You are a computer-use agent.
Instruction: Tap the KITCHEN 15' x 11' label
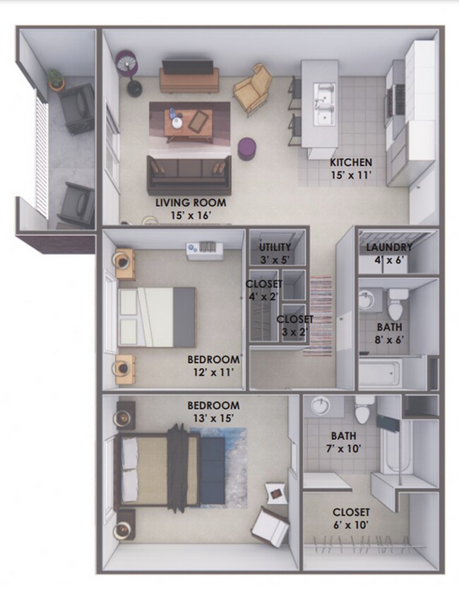click(x=351, y=168)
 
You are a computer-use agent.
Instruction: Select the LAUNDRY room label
click(x=389, y=247)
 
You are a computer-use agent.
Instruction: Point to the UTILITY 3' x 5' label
click(x=275, y=252)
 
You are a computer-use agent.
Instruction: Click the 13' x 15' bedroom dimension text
click(x=213, y=417)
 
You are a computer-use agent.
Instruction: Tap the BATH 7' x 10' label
click(x=343, y=441)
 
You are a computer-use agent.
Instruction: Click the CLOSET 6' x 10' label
click(x=352, y=517)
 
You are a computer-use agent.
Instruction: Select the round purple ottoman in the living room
click(x=247, y=148)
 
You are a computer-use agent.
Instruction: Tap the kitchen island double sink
click(x=324, y=103)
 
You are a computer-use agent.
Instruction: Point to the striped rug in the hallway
click(x=321, y=315)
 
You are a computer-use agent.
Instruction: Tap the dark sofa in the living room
click(x=189, y=174)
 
